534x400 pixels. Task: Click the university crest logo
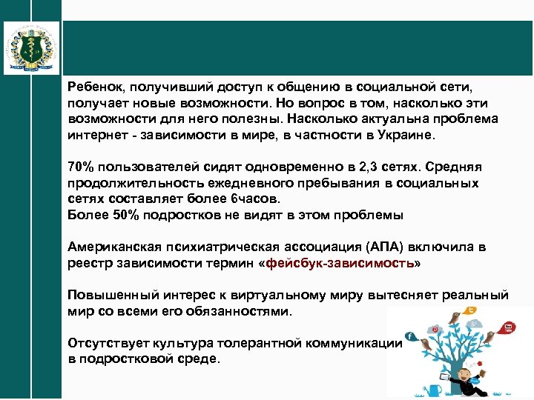[x=31, y=47]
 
